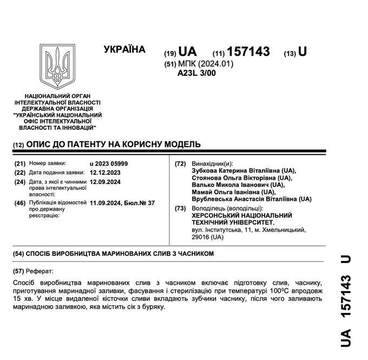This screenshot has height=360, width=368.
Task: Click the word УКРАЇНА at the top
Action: click(124, 50)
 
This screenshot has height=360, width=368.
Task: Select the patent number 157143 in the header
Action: click(248, 51)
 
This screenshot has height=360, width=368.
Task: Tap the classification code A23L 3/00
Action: click(196, 74)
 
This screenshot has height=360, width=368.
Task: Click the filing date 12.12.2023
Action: click(106, 172)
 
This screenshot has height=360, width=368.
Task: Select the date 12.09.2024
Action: click(106, 182)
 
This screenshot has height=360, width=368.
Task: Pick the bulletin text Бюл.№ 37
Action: click(140, 202)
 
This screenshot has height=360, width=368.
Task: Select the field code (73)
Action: click(180, 208)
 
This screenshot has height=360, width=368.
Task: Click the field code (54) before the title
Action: click(19, 253)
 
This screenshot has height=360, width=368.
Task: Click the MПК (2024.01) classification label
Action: click(205, 64)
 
